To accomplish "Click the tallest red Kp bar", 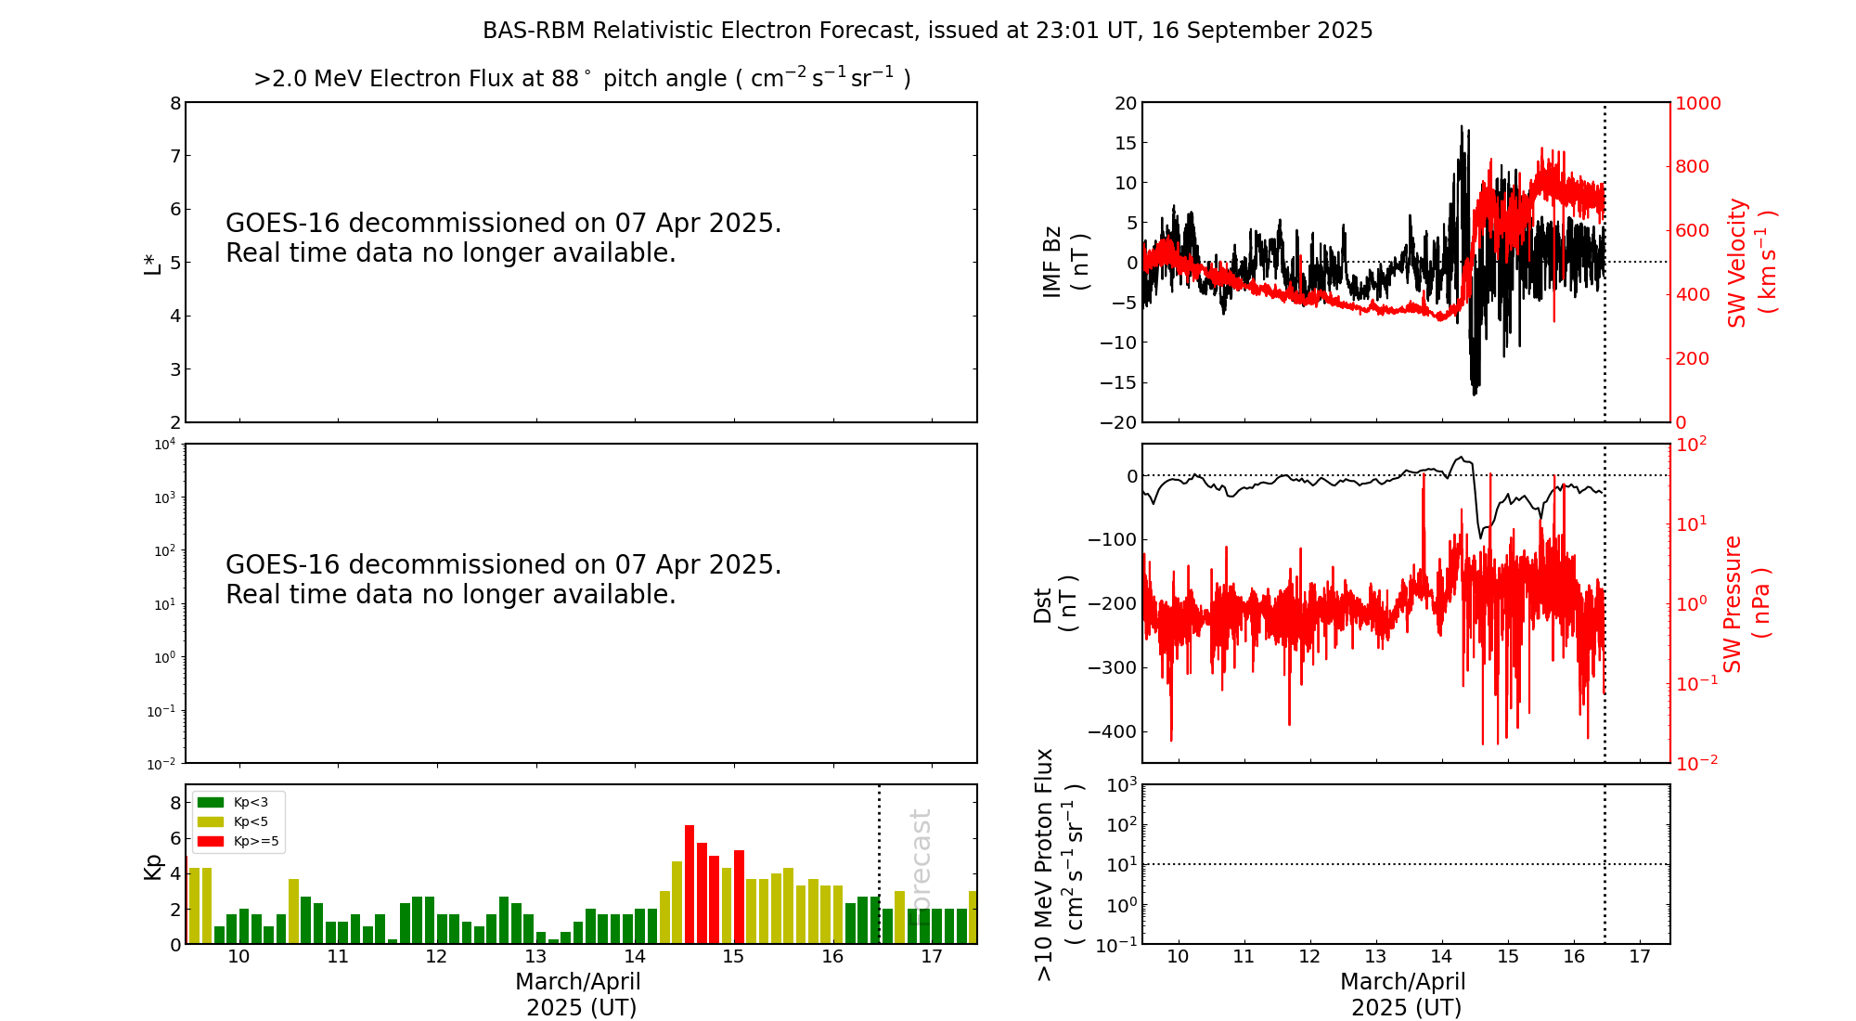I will [x=690, y=882].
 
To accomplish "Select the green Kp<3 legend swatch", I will [x=211, y=802].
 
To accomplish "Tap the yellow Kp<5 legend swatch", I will [x=211, y=821].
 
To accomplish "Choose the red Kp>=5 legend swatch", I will [x=211, y=842].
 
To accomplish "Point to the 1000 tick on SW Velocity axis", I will [x=1697, y=103].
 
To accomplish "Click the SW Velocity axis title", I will [x=1749, y=263].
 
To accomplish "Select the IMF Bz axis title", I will [x=1064, y=263].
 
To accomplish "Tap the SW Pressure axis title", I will [x=1745, y=603].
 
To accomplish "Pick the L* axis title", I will [x=153, y=263].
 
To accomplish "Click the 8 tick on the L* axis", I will [x=174, y=103].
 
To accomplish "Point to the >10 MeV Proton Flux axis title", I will [x=1058, y=864].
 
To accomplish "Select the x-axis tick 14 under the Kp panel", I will [x=635, y=957].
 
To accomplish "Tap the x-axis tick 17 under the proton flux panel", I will [x=1640, y=957].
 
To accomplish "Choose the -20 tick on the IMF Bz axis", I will [x=1117, y=422].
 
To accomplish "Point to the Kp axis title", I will [x=153, y=866].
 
